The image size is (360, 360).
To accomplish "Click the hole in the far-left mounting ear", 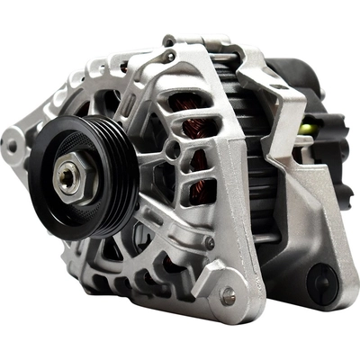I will (12, 142).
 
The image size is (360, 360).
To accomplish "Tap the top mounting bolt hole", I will (168, 40).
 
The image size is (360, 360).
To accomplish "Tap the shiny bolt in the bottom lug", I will (228, 294).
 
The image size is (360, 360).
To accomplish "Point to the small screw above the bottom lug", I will (209, 242).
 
